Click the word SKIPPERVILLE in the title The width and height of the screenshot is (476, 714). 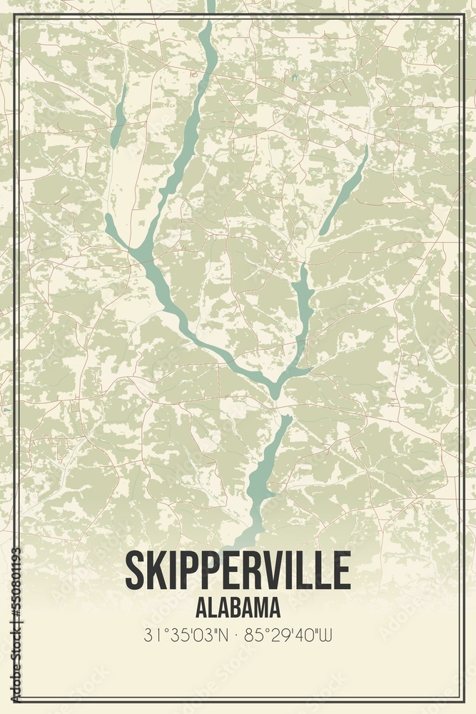pos(238,569)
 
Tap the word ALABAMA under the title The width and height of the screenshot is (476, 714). pos(238,608)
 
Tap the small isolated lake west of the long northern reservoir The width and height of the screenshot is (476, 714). pos(119,118)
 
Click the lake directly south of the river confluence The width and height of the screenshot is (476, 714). pos(265,471)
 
